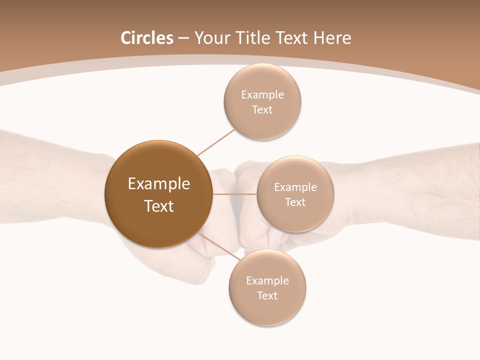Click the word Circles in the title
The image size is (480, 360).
tap(147, 38)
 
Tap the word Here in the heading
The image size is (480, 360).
tap(332, 38)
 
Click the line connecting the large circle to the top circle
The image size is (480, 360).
tap(216, 142)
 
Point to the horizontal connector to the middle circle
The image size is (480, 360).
tap(235, 193)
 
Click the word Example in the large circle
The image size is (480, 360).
tap(158, 184)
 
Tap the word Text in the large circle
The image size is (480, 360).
tap(158, 206)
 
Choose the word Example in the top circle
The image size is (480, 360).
tap(262, 95)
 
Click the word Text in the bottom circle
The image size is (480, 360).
tap(267, 295)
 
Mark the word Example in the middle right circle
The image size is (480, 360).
tap(295, 187)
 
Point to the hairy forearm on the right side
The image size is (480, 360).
tap(425, 190)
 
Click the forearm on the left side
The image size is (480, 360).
tap(45, 175)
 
